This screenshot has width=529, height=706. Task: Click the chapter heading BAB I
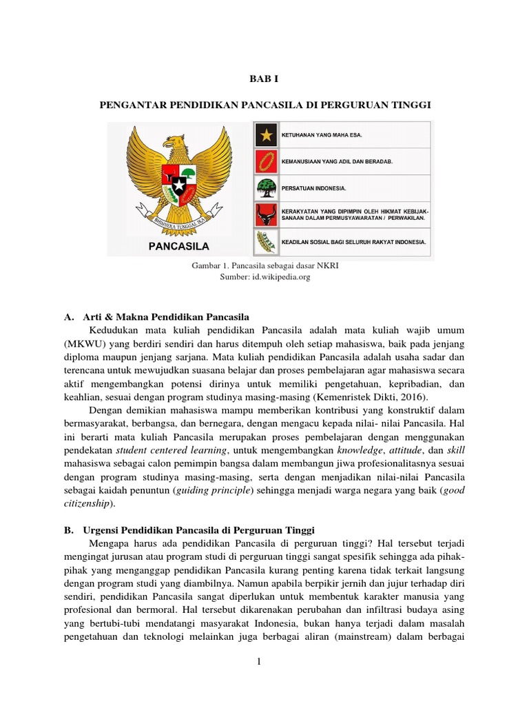[x=264, y=79]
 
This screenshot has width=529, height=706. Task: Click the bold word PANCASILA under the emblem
[x=179, y=245]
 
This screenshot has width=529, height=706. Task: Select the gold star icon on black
[x=264, y=134]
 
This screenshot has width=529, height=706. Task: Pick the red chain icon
[x=264, y=161]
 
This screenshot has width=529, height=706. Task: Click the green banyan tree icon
[x=264, y=188]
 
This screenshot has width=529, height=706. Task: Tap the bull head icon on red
[x=264, y=214]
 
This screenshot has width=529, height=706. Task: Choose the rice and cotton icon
[x=264, y=242]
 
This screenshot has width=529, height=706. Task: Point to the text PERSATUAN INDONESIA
[x=313, y=188]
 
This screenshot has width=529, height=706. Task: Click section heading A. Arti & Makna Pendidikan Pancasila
[x=155, y=317]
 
